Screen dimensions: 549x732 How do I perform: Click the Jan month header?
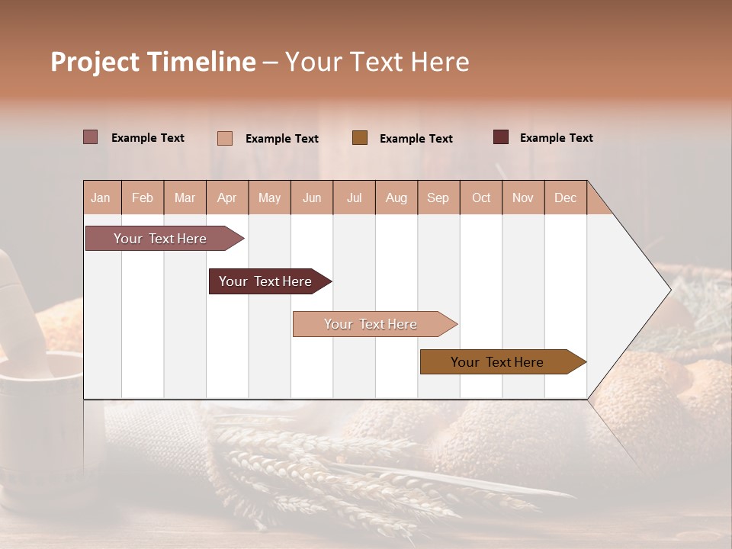101,197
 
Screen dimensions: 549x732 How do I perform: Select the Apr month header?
227,197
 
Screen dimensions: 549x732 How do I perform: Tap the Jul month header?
354,197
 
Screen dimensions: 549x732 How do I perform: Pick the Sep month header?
438,197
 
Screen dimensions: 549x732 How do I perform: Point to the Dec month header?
565,197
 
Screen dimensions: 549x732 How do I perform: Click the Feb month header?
143,197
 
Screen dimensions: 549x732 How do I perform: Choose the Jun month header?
312,197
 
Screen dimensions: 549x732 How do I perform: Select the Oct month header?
481,197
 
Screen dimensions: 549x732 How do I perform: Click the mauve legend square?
91,137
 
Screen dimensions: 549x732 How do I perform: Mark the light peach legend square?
225,138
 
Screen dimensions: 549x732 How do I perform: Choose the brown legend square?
360,138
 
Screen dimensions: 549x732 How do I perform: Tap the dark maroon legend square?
501,137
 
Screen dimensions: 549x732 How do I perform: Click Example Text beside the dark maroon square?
556,138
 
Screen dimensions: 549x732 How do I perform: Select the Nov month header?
522,197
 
